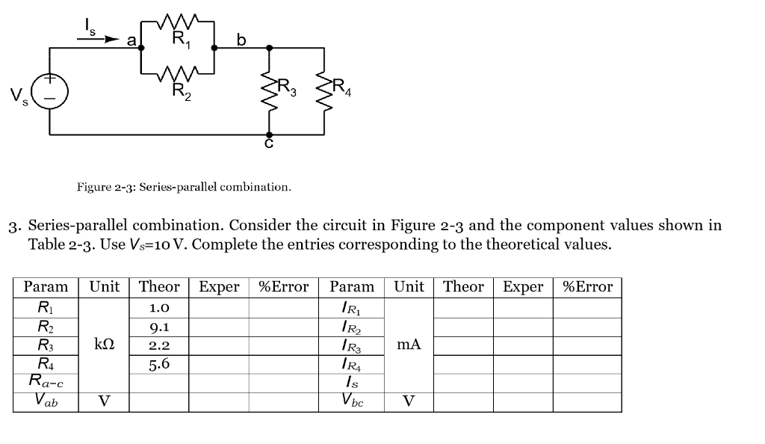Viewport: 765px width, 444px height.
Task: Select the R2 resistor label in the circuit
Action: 180,90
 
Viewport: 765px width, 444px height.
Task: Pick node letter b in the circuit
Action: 241,39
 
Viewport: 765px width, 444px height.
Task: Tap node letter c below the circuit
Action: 269,144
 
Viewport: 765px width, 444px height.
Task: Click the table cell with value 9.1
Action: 158,326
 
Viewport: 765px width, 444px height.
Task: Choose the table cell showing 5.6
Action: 158,365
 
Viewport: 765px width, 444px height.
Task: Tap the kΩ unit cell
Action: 105,345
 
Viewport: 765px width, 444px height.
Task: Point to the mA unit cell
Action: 409,345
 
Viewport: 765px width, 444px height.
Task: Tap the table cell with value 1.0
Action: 158,307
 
